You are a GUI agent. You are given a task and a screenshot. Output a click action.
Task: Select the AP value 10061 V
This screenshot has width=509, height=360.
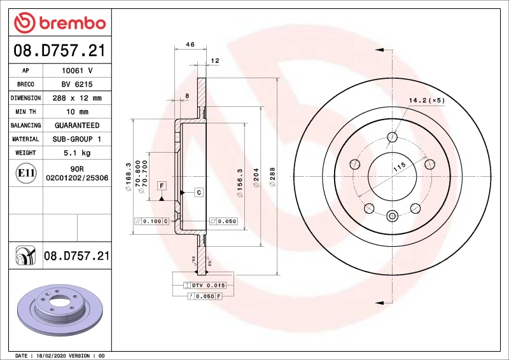click(x=77, y=71)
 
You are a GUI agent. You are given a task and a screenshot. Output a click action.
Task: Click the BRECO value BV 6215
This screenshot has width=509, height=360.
click(x=77, y=84)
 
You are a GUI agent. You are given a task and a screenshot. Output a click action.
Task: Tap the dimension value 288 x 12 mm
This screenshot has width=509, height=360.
click(x=77, y=98)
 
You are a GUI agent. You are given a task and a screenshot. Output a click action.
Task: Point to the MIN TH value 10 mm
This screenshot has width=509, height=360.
click(x=77, y=112)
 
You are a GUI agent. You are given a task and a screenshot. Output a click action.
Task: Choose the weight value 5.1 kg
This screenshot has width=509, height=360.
click(x=77, y=153)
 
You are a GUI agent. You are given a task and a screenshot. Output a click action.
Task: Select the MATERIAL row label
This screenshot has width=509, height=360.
click(x=25, y=139)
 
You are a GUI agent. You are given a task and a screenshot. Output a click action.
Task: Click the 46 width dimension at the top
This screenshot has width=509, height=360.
click(x=190, y=45)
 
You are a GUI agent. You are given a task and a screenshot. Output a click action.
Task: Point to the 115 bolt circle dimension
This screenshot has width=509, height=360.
click(x=398, y=169)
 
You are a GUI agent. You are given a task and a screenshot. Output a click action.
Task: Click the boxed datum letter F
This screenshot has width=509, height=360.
click(x=162, y=186)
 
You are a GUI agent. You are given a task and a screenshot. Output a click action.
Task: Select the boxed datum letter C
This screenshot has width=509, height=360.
click(x=198, y=192)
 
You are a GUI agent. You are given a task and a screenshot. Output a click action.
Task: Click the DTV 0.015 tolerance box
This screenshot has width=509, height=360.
click(x=208, y=286)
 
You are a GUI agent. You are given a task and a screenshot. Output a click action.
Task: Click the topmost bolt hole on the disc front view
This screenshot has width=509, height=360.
click(x=393, y=137)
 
